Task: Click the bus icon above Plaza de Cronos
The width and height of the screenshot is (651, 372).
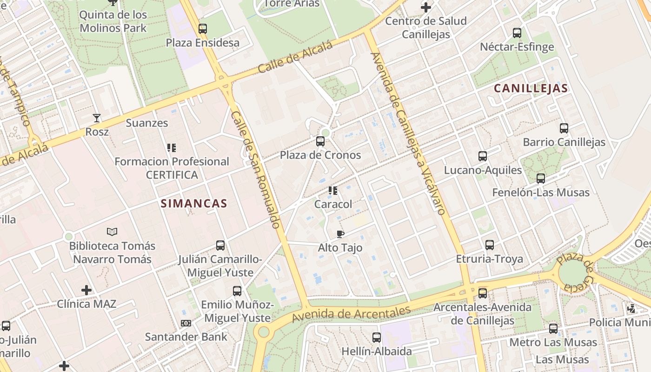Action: click(320, 141)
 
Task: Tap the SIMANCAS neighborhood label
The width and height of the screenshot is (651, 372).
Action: click(194, 203)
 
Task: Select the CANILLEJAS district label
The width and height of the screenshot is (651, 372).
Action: click(531, 88)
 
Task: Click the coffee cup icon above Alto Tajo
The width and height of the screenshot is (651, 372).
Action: click(340, 234)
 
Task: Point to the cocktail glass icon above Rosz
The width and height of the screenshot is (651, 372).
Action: click(97, 118)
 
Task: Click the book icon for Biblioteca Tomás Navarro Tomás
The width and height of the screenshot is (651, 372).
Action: click(112, 232)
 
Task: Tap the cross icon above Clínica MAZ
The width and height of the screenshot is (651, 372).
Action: click(86, 291)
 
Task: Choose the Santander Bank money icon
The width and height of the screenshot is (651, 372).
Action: click(186, 323)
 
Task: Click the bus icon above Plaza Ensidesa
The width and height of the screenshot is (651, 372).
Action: click(203, 29)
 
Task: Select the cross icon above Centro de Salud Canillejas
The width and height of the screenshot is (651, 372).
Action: click(426, 7)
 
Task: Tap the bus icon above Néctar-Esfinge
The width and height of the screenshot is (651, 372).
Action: click(517, 33)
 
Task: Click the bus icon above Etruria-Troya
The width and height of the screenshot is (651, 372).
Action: click(490, 245)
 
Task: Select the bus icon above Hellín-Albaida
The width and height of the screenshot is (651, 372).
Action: click(377, 338)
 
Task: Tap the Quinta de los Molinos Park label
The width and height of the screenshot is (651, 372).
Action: click(113, 21)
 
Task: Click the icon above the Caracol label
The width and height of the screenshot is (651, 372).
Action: click(333, 191)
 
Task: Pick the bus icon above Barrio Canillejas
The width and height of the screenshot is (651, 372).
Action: click(564, 128)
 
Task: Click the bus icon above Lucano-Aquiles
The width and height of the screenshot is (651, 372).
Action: click(483, 156)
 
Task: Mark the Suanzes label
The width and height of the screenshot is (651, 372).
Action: click(147, 123)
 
